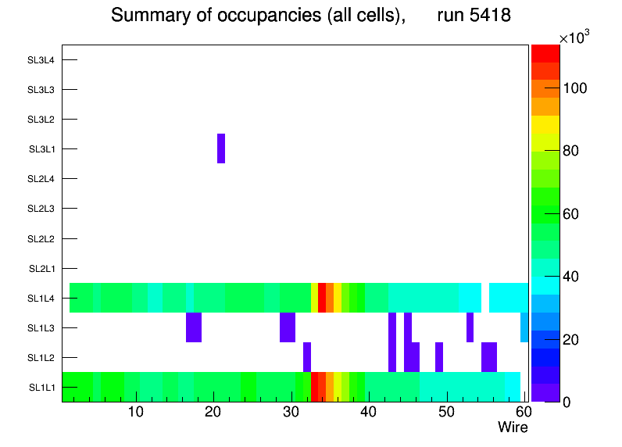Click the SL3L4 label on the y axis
pyautogui.click(x=41, y=60)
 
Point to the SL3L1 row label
pyautogui.click(x=41, y=149)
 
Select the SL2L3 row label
pyautogui.click(x=41, y=209)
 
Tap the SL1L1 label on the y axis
pyautogui.click(x=41, y=388)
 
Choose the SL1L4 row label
pyautogui.click(x=41, y=299)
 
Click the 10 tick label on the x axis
pyautogui.click(x=136, y=412)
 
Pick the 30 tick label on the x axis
pyautogui.click(x=291, y=412)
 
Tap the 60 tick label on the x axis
pyautogui.click(x=522, y=412)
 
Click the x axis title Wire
pyautogui.click(x=513, y=427)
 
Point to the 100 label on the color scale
pyautogui.click(x=577, y=88)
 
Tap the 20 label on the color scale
pyautogui.click(x=574, y=340)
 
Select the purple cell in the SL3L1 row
pyautogui.click(x=221, y=148)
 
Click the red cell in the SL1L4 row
pyautogui.click(x=322, y=298)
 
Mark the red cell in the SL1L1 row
pyautogui.click(x=315, y=387)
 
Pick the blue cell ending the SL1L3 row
pyautogui.click(x=524, y=327)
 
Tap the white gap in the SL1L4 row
pyautogui.click(x=484, y=298)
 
